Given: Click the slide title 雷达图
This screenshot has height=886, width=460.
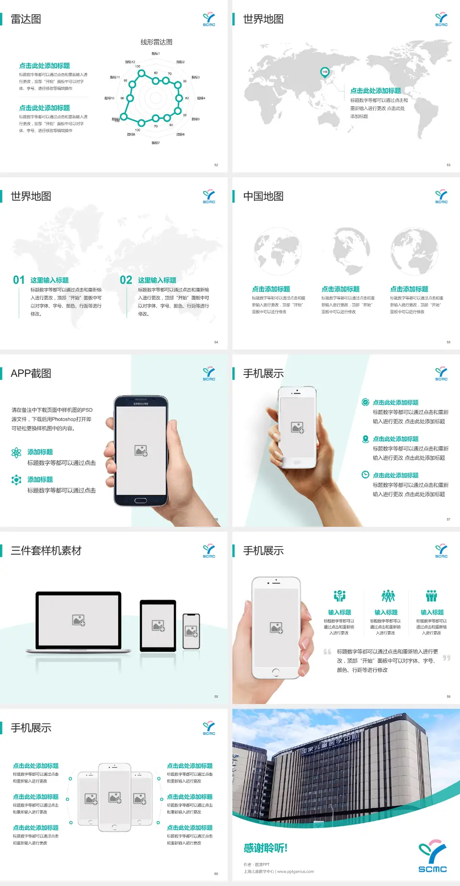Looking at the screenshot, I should [26, 19].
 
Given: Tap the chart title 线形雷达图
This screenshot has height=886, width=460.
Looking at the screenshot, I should [156, 42].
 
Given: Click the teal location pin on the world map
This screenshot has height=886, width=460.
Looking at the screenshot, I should [324, 72].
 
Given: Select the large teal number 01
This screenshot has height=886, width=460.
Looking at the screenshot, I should [19, 280].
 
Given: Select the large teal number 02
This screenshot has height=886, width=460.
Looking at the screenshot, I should [126, 280].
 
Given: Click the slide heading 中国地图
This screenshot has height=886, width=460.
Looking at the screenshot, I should [263, 196].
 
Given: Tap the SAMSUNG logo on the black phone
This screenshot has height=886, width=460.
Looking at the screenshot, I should [141, 404].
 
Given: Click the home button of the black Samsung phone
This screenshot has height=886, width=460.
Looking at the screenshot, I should [140, 500].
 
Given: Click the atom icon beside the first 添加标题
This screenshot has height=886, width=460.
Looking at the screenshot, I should [16, 453].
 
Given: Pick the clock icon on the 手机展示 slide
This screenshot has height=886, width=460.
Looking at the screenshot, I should [365, 475].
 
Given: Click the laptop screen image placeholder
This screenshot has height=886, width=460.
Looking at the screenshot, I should [79, 620].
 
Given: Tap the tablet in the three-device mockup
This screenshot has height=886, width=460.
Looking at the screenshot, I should [158, 625].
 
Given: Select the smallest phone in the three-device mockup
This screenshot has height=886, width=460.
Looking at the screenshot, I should [192, 631].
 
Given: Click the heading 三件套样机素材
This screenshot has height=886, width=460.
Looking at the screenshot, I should [46, 551].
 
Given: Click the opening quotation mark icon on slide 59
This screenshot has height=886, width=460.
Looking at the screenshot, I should [327, 652].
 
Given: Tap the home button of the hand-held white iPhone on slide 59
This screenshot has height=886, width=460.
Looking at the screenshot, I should [276, 672].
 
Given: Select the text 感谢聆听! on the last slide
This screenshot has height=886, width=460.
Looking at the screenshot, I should [265, 848].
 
